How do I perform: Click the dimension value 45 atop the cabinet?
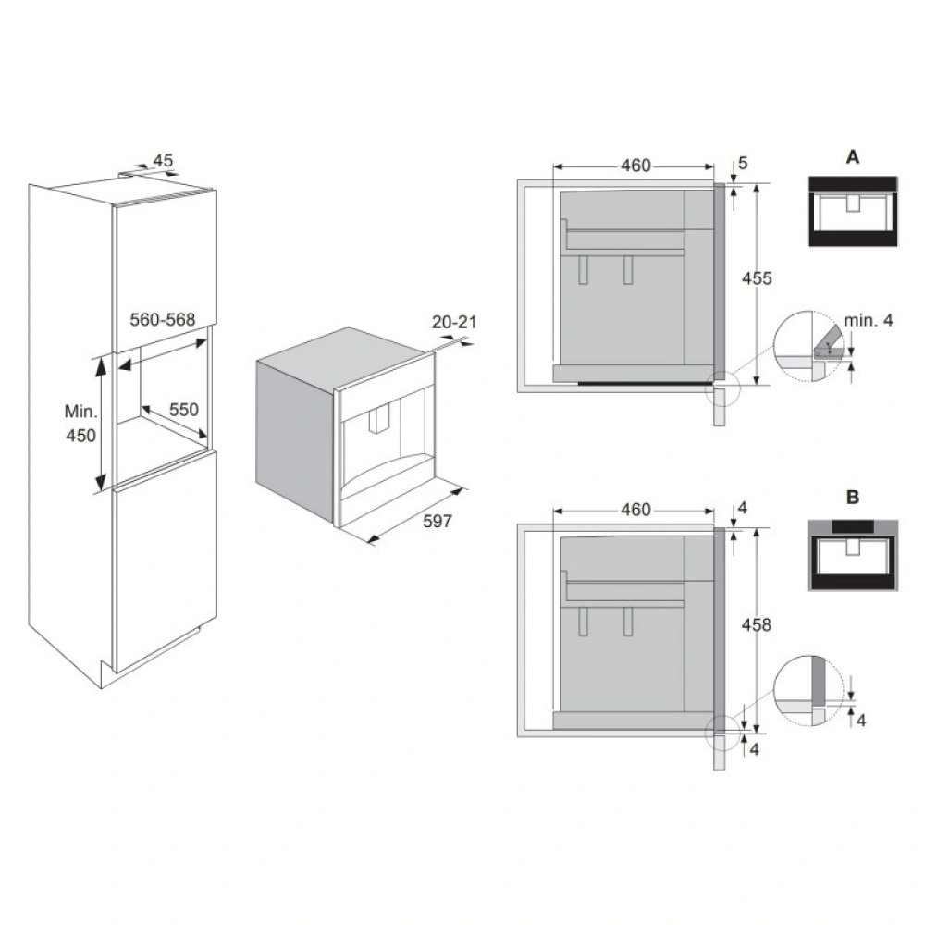click(163, 161)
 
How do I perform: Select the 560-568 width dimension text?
click(162, 319)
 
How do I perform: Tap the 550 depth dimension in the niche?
click(183, 409)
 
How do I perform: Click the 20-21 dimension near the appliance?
click(452, 322)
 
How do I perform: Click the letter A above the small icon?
click(852, 157)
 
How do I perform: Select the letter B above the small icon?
click(852, 498)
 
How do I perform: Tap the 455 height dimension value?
click(757, 278)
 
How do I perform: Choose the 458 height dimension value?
click(757, 625)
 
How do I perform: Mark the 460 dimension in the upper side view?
click(635, 166)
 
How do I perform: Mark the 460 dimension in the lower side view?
click(635, 510)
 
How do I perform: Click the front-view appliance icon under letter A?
click(852, 211)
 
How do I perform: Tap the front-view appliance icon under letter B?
click(852, 556)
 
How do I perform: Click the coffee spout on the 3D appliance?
click(377, 421)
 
